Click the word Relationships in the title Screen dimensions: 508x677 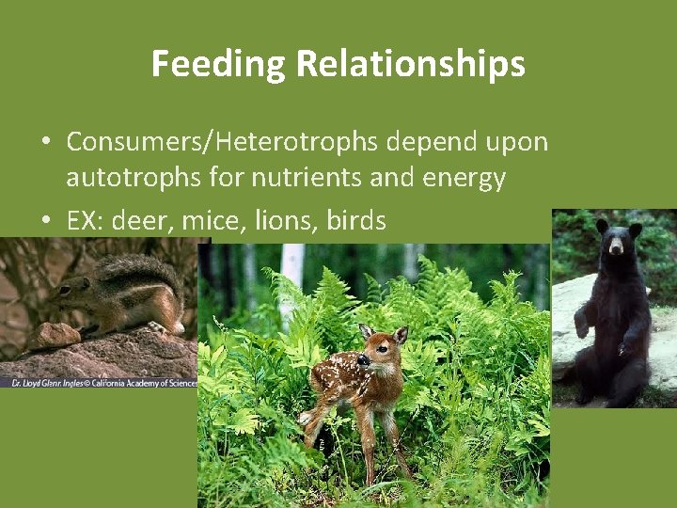click(410, 64)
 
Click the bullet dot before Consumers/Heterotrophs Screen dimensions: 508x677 click(45, 143)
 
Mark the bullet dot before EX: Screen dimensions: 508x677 click(45, 222)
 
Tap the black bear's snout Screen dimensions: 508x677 click(618, 248)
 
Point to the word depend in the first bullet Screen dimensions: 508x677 click(430, 142)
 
